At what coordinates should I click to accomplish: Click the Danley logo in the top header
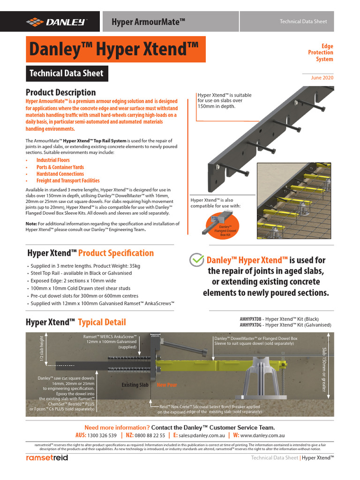click(x=56, y=21)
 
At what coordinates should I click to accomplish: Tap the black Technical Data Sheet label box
click(x=67, y=74)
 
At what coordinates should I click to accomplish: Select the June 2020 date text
click(x=322, y=78)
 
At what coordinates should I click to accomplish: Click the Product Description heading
click(x=60, y=92)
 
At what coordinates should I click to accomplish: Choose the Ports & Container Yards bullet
click(x=60, y=167)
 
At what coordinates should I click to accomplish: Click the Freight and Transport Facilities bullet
click(x=68, y=180)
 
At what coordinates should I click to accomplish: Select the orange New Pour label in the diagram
click(x=166, y=385)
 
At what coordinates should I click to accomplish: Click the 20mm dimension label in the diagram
click(x=155, y=336)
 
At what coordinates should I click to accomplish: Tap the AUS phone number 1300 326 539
click(x=103, y=435)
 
